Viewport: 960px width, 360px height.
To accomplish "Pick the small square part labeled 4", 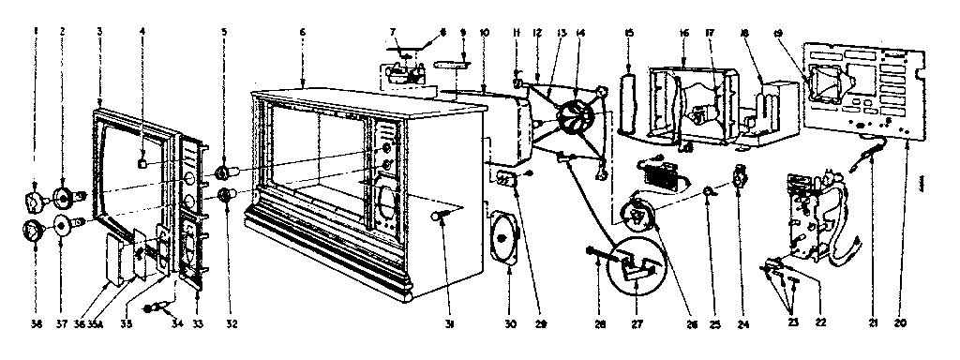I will tap(142, 161).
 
